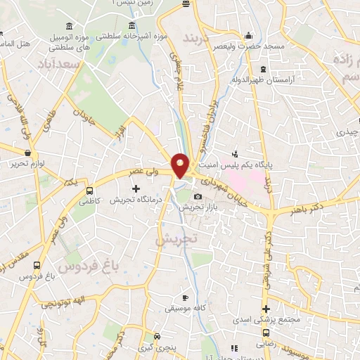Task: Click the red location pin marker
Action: coord(181,165)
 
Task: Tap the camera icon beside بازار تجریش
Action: coord(198,196)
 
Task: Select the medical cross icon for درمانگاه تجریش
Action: coord(136,188)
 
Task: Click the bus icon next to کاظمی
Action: coord(89,190)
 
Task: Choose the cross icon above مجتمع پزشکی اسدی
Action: coord(266,308)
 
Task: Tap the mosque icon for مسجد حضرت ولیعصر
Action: coord(247,37)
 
